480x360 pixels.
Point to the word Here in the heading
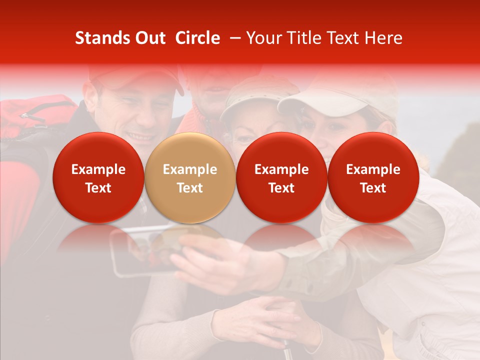(383, 38)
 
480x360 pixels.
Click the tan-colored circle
(190, 177)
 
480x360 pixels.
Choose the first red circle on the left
(98, 177)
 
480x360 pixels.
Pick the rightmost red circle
(373, 177)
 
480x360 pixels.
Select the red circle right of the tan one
(281, 177)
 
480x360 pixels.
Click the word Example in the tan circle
(190, 169)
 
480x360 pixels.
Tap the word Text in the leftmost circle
(98, 188)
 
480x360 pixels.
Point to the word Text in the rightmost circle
(373, 188)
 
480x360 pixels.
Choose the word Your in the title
(263, 38)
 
